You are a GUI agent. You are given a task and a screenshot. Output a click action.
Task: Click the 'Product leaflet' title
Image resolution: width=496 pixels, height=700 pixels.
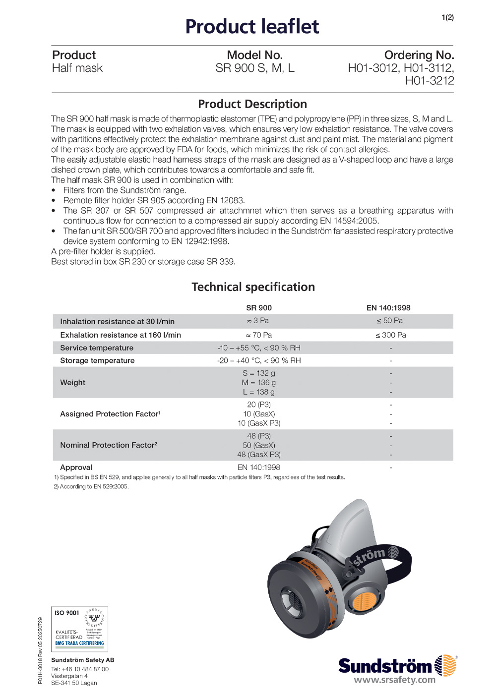[252, 27]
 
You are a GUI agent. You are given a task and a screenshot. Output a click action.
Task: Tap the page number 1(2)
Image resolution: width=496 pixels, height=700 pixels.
[447, 18]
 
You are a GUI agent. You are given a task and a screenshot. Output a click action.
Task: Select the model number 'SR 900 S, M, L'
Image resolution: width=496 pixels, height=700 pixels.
[254, 68]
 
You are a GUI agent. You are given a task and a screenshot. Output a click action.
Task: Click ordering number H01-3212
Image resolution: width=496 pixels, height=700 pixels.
[429, 81]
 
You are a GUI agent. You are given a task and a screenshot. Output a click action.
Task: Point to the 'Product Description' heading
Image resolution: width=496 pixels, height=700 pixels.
[252, 104]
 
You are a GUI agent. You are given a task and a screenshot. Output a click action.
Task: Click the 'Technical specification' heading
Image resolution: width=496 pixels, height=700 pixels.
[253, 287]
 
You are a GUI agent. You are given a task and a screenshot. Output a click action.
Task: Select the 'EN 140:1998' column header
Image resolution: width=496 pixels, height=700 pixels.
[388, 308]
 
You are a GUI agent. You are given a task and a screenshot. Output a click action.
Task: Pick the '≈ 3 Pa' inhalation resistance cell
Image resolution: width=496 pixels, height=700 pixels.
[258, 321]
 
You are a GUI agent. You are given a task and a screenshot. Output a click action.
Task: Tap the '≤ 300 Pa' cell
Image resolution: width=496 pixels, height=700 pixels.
[390, 335]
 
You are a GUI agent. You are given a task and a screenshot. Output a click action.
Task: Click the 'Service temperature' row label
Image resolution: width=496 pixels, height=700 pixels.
[97, 348]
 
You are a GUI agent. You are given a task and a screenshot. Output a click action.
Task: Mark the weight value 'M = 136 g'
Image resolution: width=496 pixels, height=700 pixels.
[258, 383]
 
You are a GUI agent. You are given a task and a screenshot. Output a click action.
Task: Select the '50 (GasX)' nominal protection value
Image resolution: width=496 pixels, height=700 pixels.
[258, 445]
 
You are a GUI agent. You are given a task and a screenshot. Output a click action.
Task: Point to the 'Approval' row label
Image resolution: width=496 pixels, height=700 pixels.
[76, 467]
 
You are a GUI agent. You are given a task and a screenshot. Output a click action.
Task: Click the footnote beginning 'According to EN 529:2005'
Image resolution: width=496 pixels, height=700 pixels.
[91, 487]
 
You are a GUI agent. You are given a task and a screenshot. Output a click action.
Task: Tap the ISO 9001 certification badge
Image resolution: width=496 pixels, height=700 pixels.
[79, 629]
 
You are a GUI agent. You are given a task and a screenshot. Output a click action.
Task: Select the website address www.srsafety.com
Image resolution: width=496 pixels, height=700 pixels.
[394, 680]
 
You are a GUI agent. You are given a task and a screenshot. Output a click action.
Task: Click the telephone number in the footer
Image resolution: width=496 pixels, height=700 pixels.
[80, 669]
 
